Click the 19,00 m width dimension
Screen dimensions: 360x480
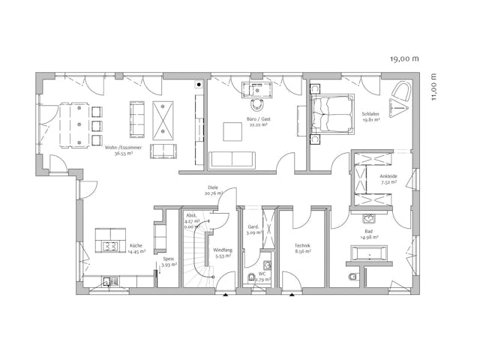403,58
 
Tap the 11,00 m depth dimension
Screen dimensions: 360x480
434,86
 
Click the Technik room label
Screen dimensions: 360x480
302,248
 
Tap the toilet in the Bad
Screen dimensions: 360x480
352,280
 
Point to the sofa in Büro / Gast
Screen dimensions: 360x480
232,159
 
